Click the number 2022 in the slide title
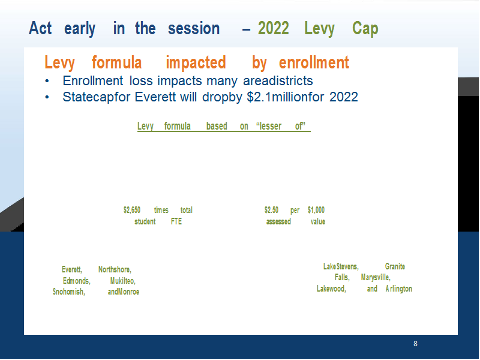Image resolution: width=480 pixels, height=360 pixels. pos(274,28)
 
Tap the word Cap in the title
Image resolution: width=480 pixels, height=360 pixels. pos(365,29)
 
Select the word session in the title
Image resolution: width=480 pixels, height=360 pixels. pos(194,28)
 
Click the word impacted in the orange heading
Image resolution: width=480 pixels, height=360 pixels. pos(196,63)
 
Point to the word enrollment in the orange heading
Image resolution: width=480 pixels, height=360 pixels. pos(314,62)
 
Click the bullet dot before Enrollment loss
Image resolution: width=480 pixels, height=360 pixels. pos(47,81)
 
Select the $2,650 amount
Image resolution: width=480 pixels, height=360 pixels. pos(132,210)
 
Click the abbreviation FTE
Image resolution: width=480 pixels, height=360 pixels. pos(176,221)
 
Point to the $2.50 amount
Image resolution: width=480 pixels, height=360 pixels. pos(272,210)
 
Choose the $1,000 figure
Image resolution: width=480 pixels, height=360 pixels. pos(316,210)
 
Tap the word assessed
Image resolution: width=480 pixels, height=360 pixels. pos(278,221)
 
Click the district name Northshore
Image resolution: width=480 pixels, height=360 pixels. pos(115,269)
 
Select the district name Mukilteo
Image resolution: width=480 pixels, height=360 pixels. pos(123,281)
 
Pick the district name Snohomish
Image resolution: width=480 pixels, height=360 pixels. pos(69,292)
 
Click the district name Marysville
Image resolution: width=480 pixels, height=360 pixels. pos(376,277)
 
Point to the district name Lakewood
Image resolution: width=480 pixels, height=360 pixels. pos(331,289)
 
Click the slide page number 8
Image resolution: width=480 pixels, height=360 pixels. pos(415,344)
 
